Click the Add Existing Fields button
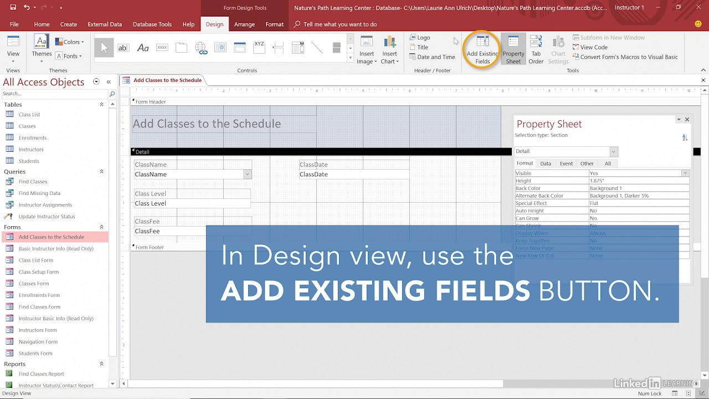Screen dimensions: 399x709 (482, 49)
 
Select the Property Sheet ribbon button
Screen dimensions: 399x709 (513, 49)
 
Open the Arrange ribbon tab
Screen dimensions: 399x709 (244, 24)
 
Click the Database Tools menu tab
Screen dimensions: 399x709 (152, 24)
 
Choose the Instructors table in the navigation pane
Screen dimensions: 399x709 (31, 150)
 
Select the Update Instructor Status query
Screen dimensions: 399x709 (47, 217)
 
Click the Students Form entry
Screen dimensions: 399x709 (35, 354)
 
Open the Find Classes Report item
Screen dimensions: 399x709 (41, 374)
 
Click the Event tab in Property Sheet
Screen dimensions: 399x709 (566, 163)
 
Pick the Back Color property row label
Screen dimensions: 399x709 (528, 188)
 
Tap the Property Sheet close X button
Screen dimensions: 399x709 (687, 119)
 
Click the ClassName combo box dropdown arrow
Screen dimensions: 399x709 (247, 175)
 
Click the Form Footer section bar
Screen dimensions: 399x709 (150, 247)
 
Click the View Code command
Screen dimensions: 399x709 (594, 47)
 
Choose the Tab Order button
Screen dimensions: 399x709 (536, 49)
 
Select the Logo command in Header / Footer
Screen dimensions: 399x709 (423, 38)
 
